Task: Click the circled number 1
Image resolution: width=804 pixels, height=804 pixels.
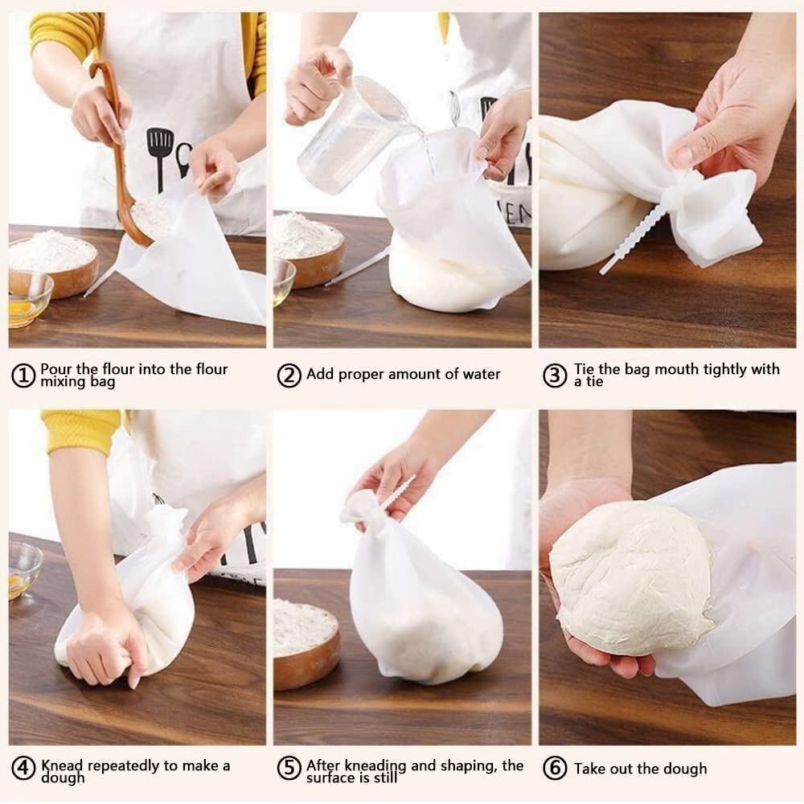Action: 23,375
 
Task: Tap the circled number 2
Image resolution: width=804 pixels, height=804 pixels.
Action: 289,375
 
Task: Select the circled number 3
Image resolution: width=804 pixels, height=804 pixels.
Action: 555,375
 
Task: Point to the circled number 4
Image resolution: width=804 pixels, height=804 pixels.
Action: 23,769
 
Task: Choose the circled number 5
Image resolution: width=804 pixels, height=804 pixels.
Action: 289,769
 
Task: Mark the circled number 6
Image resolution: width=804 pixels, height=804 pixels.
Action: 555,769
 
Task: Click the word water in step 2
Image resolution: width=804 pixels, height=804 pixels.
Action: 482,375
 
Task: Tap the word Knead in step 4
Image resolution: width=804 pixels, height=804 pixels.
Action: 62,766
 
